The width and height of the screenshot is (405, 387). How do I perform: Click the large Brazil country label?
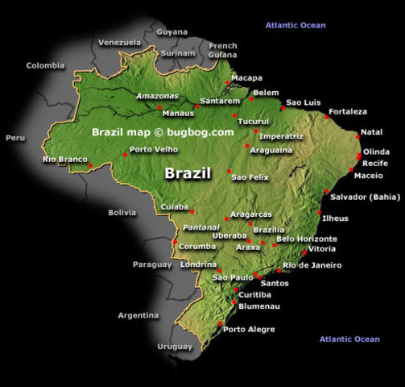[188, 173]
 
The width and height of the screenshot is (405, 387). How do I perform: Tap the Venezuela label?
[119, 42]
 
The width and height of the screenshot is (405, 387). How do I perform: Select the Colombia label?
[44, 66]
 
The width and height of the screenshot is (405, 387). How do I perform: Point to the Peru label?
[15, 138]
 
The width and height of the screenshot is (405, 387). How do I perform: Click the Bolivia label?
[122, 213]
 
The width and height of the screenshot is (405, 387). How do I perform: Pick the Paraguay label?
[152, 264]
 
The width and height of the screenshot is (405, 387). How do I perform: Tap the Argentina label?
[138, 315]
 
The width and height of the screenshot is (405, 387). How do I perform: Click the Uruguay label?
[176, 346]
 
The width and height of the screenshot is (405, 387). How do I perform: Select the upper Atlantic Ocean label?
[295, 26]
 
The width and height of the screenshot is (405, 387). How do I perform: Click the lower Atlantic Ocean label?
[349, 339]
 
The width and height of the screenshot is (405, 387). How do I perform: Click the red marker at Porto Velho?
[125, 154]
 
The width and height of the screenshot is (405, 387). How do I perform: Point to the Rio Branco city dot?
[91, 165]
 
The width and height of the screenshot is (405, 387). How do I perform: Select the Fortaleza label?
[348, 111]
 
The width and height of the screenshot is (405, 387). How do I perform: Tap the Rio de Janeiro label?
[312, 265]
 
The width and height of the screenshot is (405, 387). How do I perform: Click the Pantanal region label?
[201, 227]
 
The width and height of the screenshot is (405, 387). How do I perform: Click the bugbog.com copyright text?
[163, 131]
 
